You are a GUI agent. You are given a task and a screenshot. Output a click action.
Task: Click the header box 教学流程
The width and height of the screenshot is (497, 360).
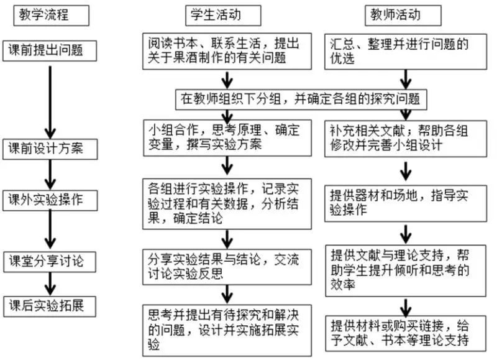51,15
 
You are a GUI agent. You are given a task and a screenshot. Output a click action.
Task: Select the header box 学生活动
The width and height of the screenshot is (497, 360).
223,15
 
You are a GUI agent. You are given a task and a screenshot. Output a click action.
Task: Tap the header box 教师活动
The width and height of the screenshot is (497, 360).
403,15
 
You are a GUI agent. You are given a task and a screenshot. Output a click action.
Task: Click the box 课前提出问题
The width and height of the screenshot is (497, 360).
50,51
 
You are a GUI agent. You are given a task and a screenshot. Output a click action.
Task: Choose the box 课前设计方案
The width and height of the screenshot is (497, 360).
50,149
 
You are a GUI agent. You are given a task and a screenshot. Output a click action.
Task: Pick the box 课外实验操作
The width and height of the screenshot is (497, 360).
50,200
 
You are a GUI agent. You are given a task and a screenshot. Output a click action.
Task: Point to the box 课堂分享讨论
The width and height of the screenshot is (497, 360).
50,262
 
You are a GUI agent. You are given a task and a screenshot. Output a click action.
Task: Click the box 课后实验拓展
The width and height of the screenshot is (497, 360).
50,307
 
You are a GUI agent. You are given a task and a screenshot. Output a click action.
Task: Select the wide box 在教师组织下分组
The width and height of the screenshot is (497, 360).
301,99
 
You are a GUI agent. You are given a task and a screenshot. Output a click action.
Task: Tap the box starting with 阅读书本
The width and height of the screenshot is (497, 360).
227,51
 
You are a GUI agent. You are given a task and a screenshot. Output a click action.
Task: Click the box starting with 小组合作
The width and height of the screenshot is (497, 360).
227,137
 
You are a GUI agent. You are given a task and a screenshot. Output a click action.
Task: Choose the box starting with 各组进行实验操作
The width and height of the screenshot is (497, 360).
227,204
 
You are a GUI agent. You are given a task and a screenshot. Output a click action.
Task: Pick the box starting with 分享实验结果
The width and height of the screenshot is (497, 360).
227,267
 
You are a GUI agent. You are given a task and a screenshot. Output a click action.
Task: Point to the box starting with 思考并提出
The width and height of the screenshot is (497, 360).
227,331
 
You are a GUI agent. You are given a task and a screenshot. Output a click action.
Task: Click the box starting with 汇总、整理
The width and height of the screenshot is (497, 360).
406,52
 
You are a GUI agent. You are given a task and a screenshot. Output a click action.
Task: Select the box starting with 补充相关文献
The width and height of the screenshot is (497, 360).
406,139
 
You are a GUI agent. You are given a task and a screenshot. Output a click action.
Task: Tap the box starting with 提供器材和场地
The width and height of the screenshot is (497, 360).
406,204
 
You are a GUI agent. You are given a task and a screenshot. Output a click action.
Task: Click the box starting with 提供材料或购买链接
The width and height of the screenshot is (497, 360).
406,333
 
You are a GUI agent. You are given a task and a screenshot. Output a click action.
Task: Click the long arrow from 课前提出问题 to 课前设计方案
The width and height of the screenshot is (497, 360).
50,102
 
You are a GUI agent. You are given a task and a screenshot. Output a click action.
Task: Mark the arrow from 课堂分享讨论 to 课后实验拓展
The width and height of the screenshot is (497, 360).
50,284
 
